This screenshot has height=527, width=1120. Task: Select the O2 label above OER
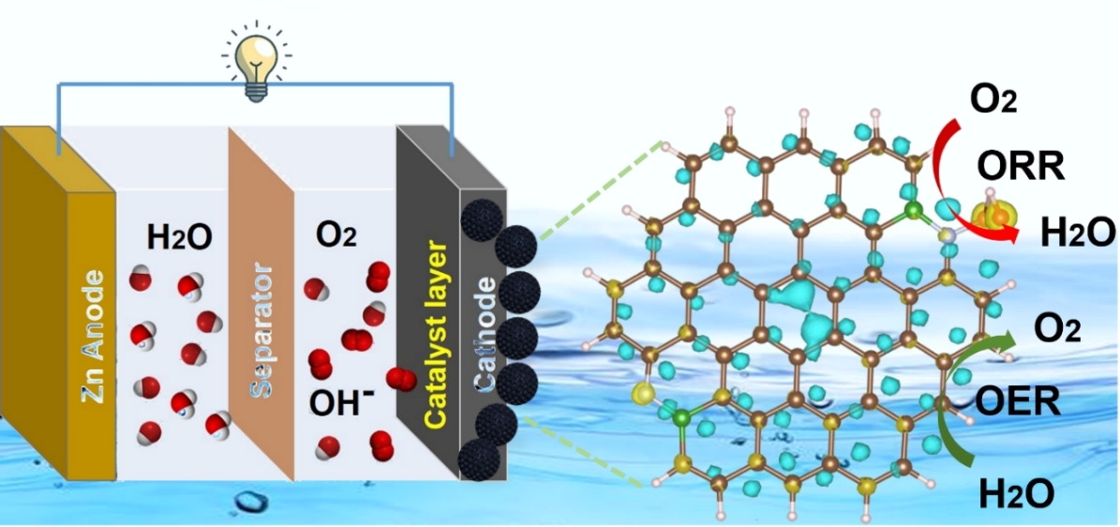(x=1056, y=328)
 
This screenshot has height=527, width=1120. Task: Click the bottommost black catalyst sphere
(x=480, y=459)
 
